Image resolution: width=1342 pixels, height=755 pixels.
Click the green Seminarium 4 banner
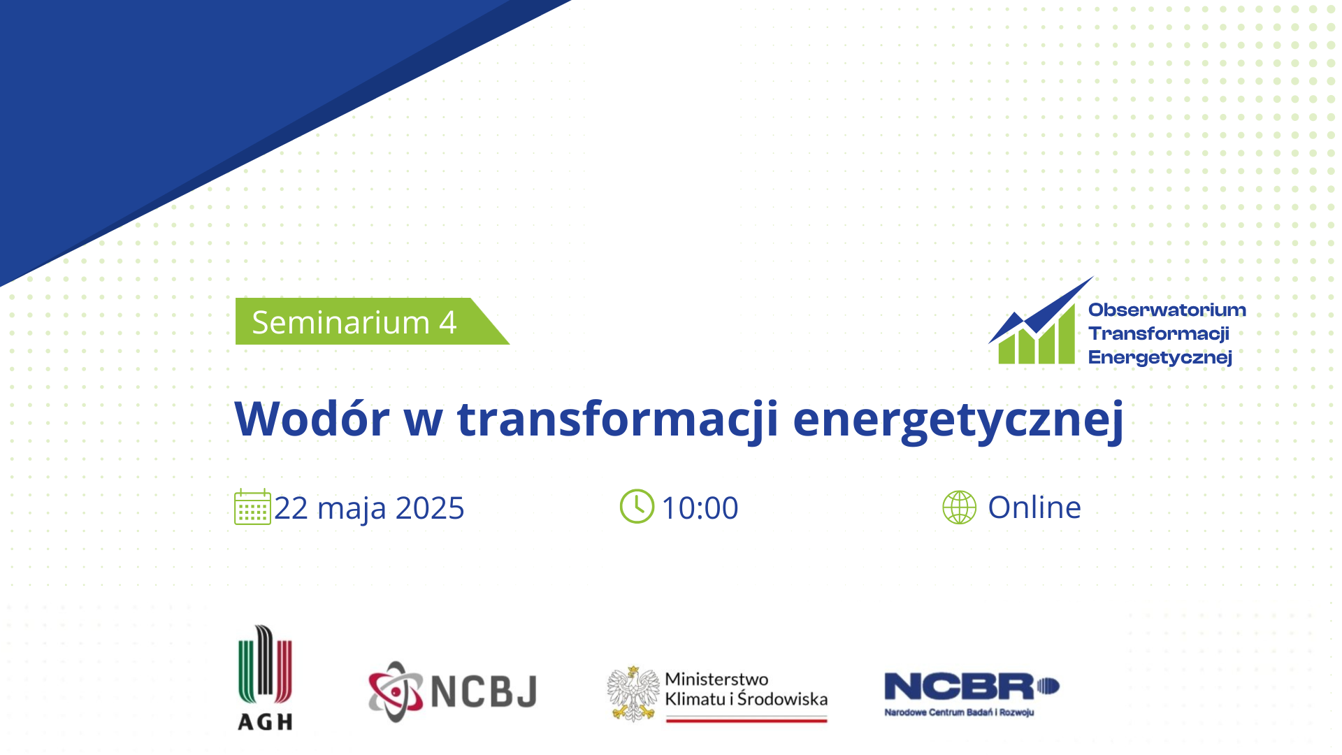372,322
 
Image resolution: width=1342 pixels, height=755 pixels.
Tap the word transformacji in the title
617,419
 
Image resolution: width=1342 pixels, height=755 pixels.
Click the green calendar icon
252,507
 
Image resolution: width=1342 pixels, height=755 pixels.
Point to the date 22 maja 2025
369,508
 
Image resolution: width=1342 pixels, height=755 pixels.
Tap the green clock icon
637,506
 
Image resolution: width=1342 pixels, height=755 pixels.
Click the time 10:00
700,508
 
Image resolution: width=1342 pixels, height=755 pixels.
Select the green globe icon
959,507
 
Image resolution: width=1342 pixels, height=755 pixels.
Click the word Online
1034,507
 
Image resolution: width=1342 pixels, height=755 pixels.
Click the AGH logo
265,677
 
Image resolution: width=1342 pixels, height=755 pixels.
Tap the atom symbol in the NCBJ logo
396,691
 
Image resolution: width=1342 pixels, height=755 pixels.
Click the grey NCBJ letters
484,691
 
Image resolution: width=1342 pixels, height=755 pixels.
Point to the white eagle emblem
633,693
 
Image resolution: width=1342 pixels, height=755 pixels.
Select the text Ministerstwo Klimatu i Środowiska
746,689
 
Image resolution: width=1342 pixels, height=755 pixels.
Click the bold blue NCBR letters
959,686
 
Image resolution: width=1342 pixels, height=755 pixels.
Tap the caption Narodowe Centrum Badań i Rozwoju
959,712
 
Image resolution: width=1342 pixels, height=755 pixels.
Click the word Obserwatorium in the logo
1167,310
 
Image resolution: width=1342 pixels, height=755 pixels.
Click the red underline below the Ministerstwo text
746,719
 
